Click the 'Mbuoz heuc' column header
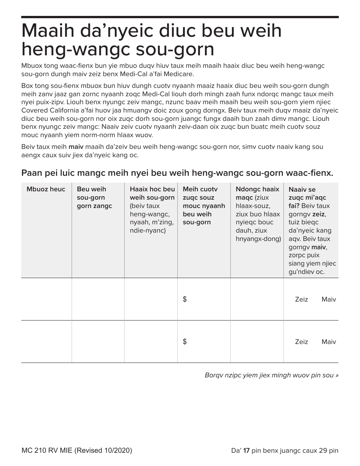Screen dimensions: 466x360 (x=46, y=189)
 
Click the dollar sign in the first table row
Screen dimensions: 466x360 (x=185, y=299)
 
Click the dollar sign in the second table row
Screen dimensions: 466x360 (x=185, y=342)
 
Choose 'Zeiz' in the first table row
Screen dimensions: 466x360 (x=301, y=299)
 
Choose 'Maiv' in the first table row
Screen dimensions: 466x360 (x=329, y=299)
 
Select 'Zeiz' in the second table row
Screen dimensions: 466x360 (x=301, y=342)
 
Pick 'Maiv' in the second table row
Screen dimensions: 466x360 (x=329, y=342)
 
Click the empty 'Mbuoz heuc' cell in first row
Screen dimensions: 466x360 (x=46, y=299)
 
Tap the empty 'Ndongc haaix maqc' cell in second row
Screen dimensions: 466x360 (x=257, y=342)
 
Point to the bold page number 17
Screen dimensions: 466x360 (x=246, y=450)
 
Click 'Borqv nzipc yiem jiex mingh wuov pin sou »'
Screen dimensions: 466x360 (x=271, y=375)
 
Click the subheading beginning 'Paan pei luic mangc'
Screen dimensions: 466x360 (x=177, y=173)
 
